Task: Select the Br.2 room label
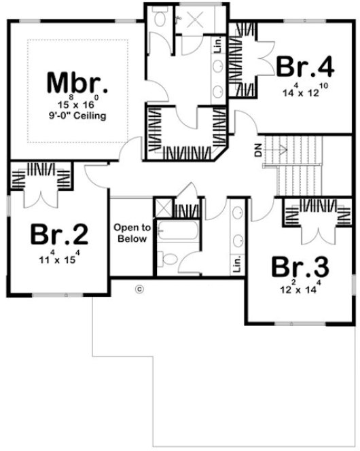point(59,234)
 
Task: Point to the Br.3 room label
point(300,266)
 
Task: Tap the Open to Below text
point(132,234)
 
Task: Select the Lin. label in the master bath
point(217,46)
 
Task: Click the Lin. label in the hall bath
point(236,264)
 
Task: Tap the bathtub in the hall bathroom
point(176,232)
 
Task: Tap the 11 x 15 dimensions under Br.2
point(59,257)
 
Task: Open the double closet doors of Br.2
point(41,198)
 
